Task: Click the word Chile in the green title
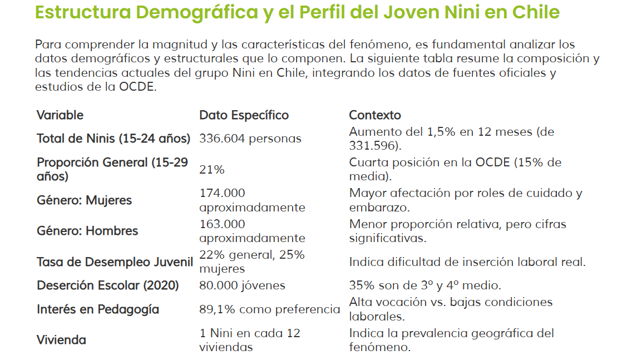536,12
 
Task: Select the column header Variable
60,115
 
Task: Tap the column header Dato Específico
244,115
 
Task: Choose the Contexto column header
375,115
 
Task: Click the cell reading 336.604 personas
250,139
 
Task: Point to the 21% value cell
211,170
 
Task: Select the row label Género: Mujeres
84,200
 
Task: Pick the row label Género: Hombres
87,231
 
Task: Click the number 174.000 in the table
222,193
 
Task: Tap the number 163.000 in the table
222,224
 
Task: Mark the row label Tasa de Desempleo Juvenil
115,262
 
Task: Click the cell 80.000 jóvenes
242,285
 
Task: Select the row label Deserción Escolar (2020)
107,285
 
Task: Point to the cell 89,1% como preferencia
270,309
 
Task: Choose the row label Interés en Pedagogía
98,309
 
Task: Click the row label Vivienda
61,340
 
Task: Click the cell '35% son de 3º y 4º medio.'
425,285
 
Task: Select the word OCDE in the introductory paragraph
137,87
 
